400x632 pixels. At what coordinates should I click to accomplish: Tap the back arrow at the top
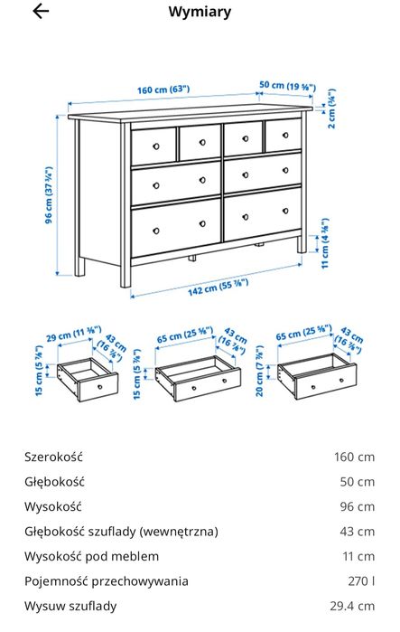(x=41, y=12)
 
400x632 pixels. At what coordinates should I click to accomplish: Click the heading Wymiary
(x=200, y=13)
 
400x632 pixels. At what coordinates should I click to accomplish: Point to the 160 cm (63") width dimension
(x=163, y=90)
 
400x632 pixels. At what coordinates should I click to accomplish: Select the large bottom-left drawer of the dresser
(x=175, y=227)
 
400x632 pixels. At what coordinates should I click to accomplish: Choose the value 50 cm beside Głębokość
(x=354, y=482)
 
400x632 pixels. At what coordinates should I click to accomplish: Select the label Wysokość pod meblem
(x=91, y=556)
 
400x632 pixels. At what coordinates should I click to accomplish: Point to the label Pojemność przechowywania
(x=106, y=581)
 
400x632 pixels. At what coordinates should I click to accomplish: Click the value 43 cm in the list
(x=354, y=532)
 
